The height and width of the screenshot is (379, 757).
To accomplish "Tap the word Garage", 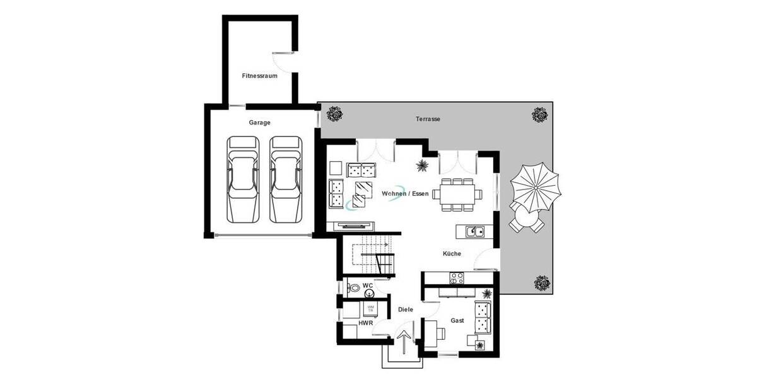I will [x=259, y=123].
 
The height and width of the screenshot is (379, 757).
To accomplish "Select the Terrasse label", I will [x=428, y=119].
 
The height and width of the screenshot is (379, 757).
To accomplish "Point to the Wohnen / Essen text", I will [x=404, y=193].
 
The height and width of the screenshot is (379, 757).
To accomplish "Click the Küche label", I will [x=452, y=253].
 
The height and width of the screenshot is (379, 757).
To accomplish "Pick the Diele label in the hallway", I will [x=406, y=310].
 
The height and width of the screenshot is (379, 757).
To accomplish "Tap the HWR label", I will [x=365, y=323].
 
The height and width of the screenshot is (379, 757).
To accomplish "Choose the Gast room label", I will [x=457, y=321].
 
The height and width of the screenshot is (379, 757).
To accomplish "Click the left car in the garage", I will [x=244, y=179].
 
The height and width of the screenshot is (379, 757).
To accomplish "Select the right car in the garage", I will [x=285, y=179].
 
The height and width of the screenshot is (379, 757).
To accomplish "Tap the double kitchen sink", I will [x=475, y=231].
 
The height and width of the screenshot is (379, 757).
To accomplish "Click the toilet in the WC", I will [x=355, y=289].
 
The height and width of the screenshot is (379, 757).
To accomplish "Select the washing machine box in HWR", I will [x=370, y=309].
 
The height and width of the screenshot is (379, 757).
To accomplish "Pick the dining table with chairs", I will [x=457, y=195].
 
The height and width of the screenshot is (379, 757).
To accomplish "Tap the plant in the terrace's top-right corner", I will [x=540, y=115].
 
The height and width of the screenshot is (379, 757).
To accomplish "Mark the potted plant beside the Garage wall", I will [x=334, y=115].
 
